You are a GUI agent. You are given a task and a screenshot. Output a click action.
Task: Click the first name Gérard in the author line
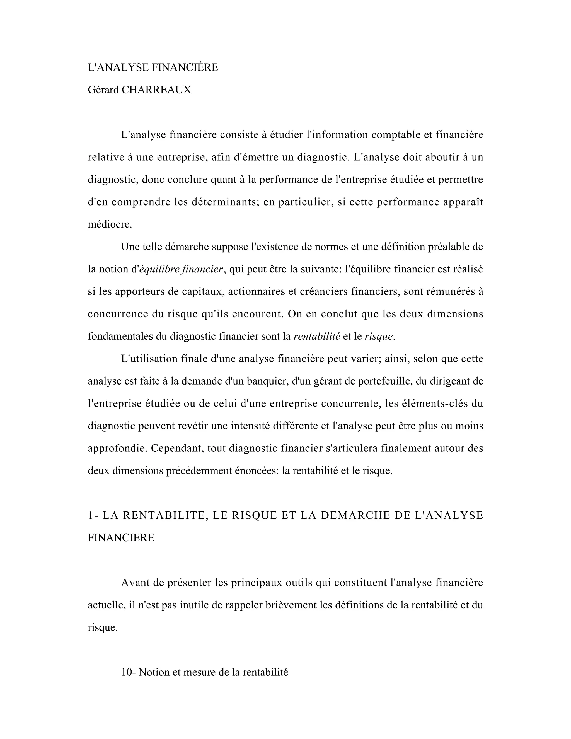(103, 90)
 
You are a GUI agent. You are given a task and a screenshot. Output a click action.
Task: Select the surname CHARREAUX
(156, 90)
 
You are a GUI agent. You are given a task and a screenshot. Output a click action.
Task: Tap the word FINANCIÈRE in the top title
(185, 68)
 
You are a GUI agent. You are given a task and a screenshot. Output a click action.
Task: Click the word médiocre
(110, 224)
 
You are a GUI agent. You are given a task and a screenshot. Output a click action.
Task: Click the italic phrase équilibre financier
(181, 269)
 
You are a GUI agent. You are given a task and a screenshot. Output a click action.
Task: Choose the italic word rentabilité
(317, 336)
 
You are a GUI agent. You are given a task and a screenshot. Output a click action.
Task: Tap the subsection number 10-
(128, 672)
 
